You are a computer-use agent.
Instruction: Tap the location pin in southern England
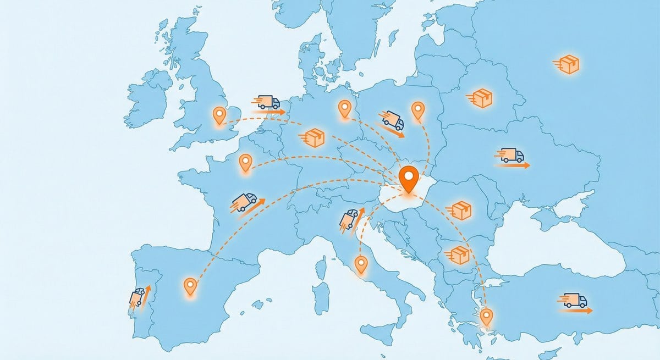click(219, 115)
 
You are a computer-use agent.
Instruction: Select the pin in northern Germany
click(345, 108)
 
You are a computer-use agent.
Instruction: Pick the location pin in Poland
click(418, 109)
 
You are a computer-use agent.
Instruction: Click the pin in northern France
click(245, 162)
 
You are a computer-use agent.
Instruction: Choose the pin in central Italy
click(361, 264)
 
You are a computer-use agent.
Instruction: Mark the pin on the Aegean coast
click(486, 316)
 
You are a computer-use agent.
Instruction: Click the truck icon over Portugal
click(137, 297)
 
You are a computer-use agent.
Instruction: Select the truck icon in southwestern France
click(245, 201)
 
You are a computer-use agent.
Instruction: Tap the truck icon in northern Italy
click(350, 218)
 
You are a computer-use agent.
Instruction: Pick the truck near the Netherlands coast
click(268, 102)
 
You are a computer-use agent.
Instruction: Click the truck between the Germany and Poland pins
click(392, 120)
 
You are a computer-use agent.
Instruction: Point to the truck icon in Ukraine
click(512, 156)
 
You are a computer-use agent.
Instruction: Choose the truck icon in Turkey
click(574, 301)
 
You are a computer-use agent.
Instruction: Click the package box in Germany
click(314, 137)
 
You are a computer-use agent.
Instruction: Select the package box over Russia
click(568, 64)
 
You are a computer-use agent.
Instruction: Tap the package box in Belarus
click(481, 98)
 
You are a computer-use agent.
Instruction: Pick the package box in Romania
click(461, 209)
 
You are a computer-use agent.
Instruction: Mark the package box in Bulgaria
click(458, 254)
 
